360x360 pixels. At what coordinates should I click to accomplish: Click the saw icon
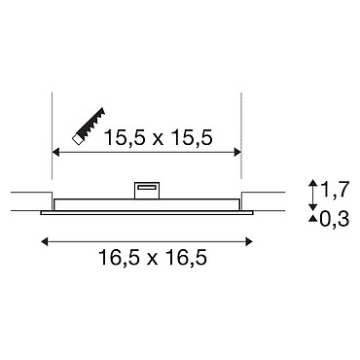pyautogui.click(x=89, y=126)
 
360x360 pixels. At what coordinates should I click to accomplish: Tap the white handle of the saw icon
pyautogui.click(x=77, y=139)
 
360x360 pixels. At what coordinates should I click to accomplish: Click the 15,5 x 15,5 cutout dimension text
pyautogui.click(x=158, y=137)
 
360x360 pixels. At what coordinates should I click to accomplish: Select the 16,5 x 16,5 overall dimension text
pyautogui.click(x=153, y=258)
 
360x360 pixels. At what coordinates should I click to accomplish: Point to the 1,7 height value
pyautogui.click(x=335, y=190)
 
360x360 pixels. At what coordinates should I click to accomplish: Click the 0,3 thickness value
pyautogui.click(x=334, y=219)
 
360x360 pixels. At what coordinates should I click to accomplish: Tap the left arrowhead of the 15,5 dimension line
pyautogui.click(x=55, y=152)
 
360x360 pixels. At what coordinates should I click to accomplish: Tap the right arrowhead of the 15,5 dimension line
pyautogui.click(x=237, y=152)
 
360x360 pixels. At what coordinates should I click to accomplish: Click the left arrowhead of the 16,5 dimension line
pyautogui.click(x=45, y=241)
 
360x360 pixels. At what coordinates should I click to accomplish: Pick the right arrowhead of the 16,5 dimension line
pyautogui.click(x=249, y=241)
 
